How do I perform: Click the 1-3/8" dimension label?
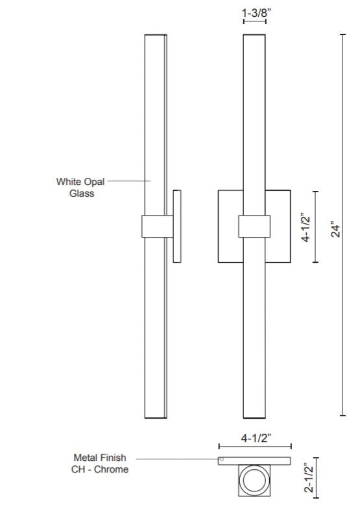256,13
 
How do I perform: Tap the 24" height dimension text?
335,229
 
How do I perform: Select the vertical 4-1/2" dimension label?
306,227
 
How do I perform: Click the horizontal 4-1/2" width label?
256,438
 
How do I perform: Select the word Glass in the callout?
82,193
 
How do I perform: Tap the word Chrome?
111,469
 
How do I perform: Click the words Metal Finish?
100,458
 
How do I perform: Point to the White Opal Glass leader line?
129,181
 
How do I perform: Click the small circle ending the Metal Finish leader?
222,459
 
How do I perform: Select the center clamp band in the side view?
158,226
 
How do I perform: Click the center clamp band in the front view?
254,226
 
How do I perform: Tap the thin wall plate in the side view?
177,226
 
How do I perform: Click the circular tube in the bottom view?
254,480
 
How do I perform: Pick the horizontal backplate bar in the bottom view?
254,461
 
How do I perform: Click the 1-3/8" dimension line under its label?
254,21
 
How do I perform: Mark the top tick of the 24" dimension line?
343,34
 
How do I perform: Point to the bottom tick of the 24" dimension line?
343,415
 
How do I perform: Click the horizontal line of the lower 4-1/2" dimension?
255,447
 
